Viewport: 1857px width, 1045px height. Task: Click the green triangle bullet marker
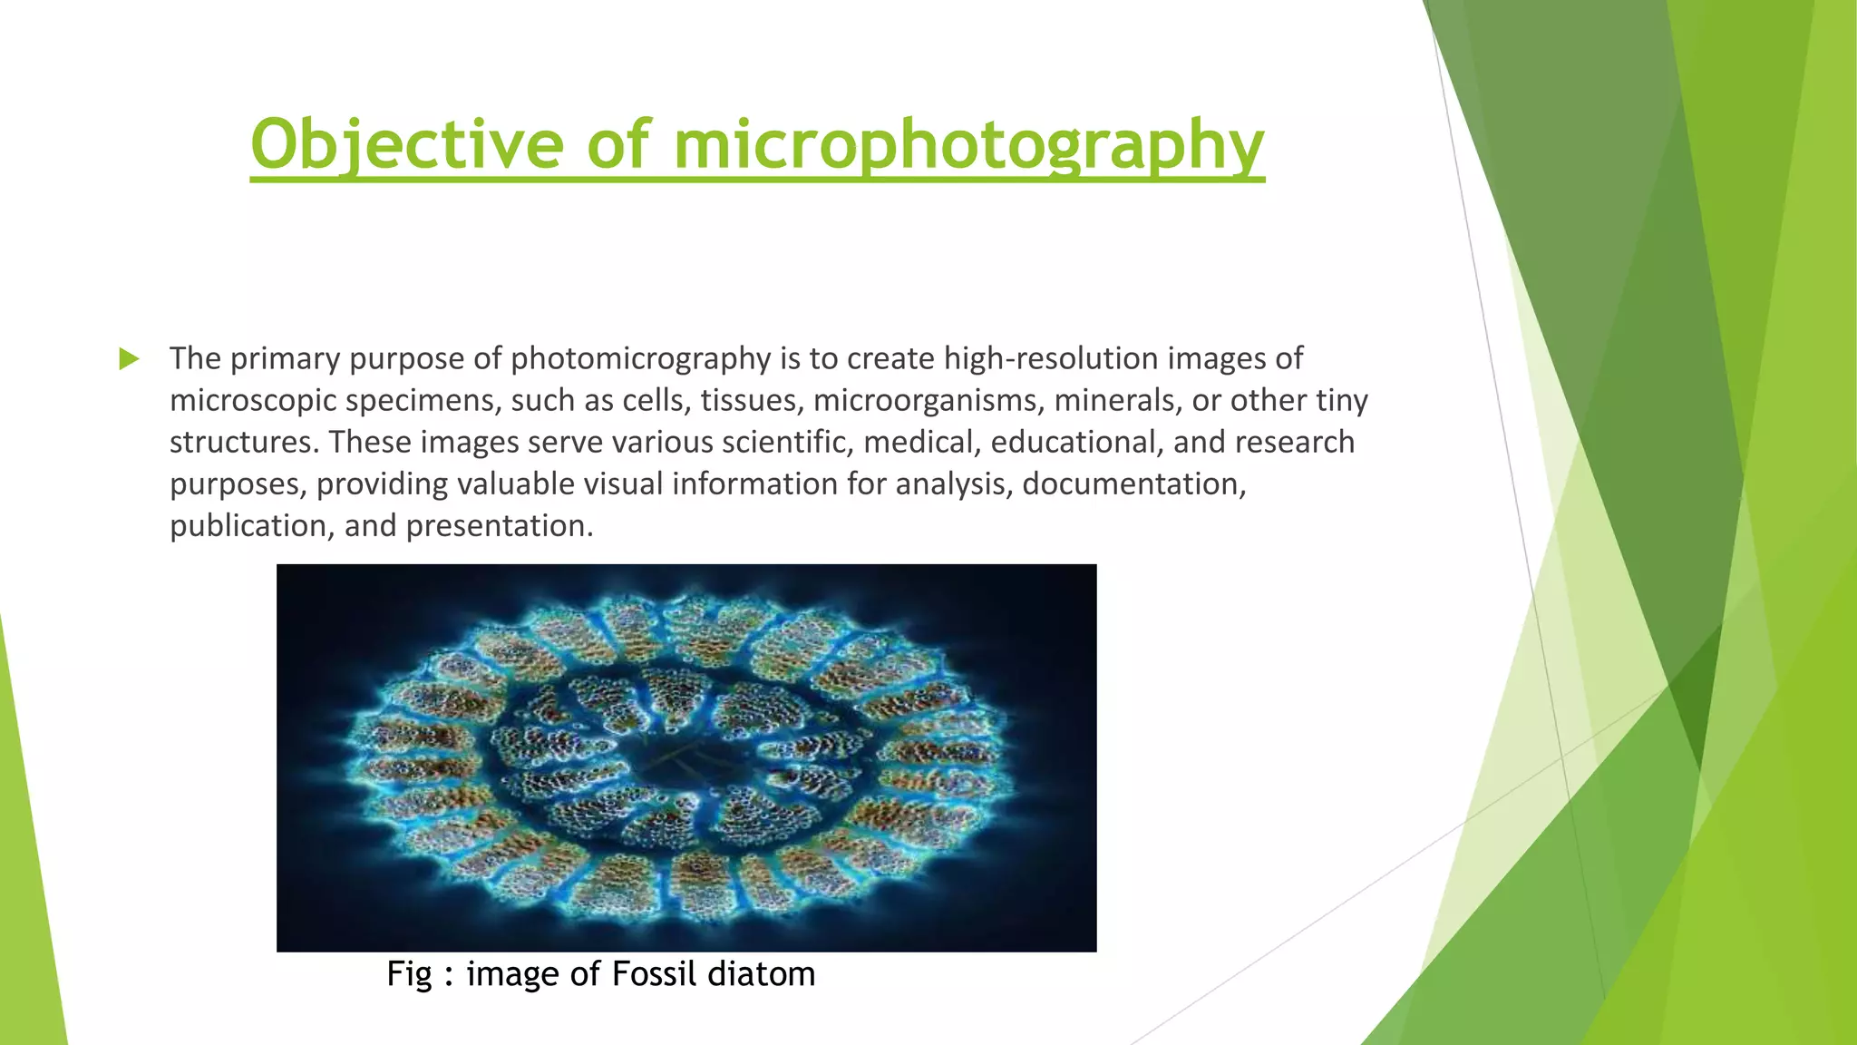tap(129, 359)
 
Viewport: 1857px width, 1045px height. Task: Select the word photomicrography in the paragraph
tap(640, 359)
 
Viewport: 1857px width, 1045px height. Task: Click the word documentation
tap(1133, 483)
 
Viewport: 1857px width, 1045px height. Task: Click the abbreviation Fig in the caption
tap(409, 974)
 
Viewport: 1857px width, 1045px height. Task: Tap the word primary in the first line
tap(285, 359)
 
